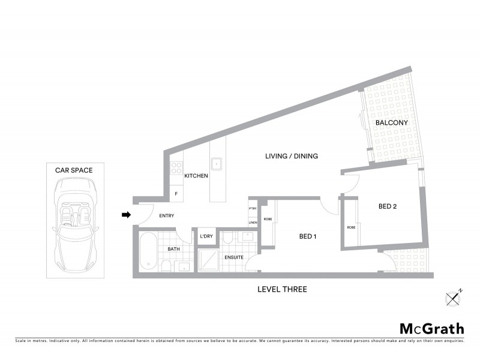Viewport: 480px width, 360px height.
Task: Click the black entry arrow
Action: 126,215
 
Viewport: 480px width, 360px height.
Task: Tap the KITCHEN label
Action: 196,176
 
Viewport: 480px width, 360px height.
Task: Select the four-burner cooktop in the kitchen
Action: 176,168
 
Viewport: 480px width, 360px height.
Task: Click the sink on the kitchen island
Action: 216,163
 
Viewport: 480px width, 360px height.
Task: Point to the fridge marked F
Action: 176,194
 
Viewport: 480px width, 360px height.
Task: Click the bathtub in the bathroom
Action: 148,252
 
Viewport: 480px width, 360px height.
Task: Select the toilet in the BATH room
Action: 166,265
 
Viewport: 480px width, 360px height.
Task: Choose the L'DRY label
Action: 206,236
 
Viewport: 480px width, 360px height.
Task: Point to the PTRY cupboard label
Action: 253,208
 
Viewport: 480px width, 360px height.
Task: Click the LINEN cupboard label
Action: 253,223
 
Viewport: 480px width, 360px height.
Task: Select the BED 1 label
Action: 308,236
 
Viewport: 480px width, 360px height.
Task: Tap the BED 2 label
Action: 387,206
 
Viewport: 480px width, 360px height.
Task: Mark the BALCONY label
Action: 391,123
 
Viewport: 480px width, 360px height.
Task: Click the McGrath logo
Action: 431,328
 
